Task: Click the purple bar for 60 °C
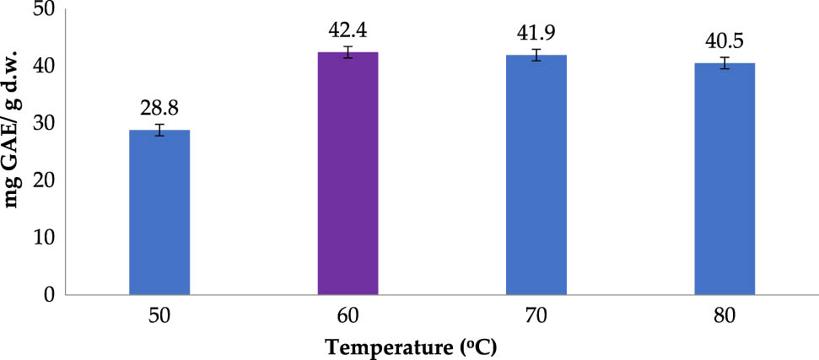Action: click(x=348, y=174)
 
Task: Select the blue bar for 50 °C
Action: click(x=159, y=212)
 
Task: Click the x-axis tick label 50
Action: click(x=159, y=317)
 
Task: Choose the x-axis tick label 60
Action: click(x=348, y=317)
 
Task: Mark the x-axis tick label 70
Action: click(x=536, y=317)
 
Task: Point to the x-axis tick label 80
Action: click(x=724, y=317)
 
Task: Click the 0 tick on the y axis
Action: click(x=48, y=294)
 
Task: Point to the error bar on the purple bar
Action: click(x=348, y=52)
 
